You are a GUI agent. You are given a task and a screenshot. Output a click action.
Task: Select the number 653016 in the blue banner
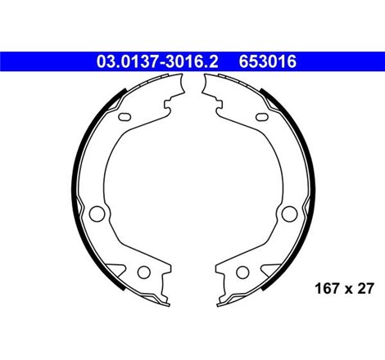coord(269,61)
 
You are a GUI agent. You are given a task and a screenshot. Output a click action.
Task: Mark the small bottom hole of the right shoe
coord(243,272)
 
